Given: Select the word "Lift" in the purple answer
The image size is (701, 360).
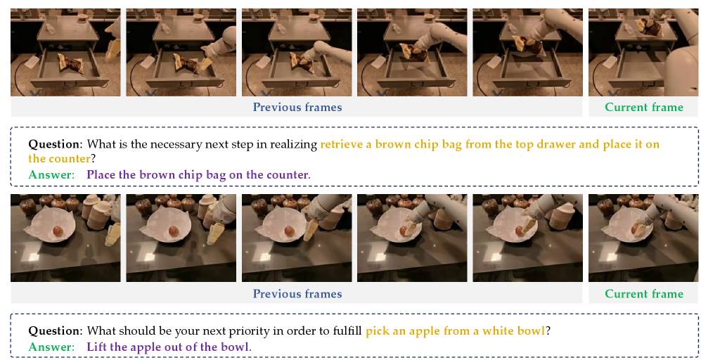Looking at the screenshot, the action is pyautogui.click(x=96, y=347).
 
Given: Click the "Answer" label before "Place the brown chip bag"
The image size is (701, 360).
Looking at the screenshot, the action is pyautogui.click(x=51, y=174).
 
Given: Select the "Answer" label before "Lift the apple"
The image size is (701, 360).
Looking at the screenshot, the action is pyautogui.click(x=51, y=347).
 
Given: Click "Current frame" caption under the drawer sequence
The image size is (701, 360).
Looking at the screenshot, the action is pyautogui.click(x=644, y=108).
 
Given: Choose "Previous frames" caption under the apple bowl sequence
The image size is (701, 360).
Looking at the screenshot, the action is pyautogui.click(x=297, y=294).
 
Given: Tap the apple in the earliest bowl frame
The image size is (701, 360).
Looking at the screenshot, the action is pyautogui.click(x=58, y=231).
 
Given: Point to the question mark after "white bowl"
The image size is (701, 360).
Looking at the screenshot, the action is pyautogui.click(x=548, y=331).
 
